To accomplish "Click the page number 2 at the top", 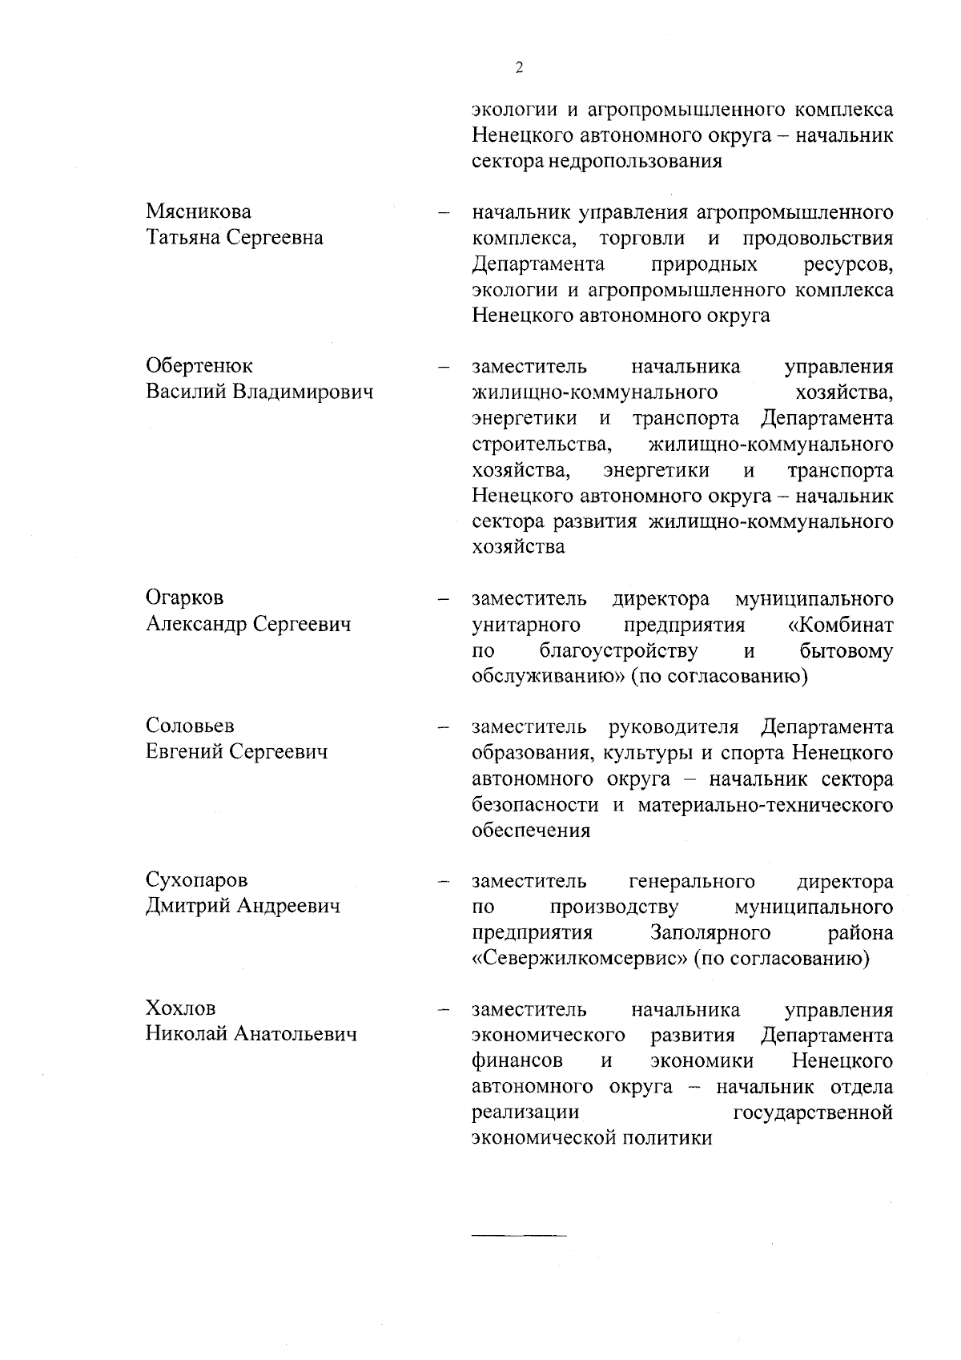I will [x=519, y=68].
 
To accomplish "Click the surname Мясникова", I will [x=198, y=212].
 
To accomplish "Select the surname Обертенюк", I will [x=199, y=366].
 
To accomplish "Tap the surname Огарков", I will [x=185, y=598].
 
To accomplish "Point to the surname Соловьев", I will [x=190, y=726].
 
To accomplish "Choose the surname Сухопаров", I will [x=196, y=880].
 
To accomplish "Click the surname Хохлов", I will [x=180, y=1008].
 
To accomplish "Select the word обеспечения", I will [x=531, y=831].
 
